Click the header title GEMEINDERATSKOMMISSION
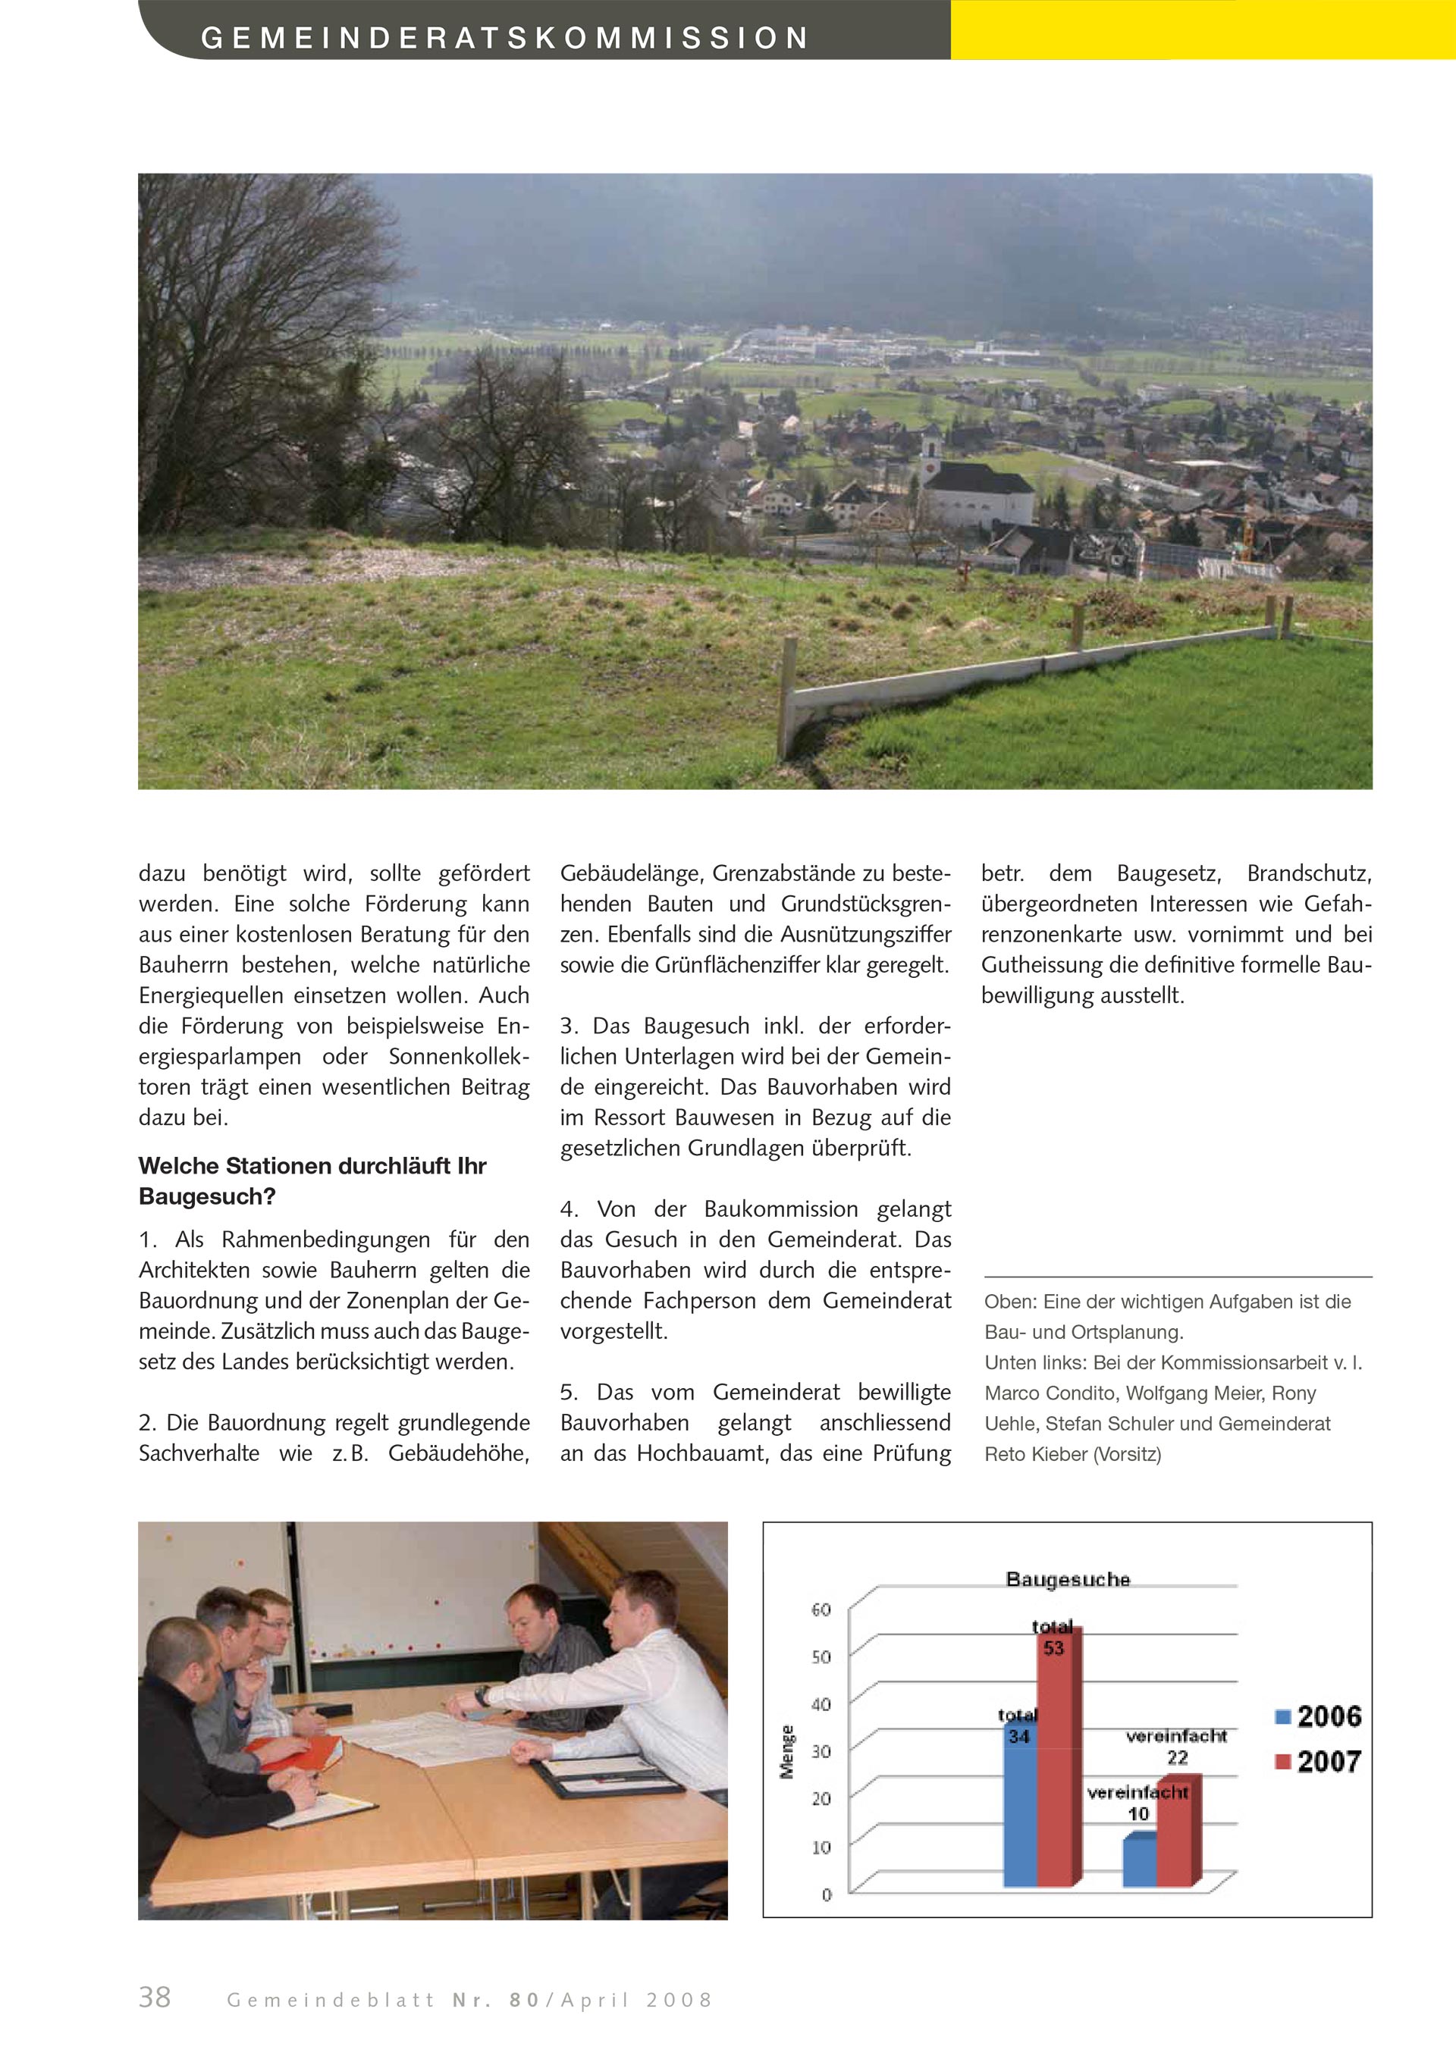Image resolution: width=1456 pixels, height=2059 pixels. coord(505,39)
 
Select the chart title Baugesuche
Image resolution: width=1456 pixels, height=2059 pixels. coord(1068,1579)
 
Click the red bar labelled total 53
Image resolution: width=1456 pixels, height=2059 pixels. coord(1059,1758)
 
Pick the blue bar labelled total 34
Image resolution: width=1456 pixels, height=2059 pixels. coord(1020,1812)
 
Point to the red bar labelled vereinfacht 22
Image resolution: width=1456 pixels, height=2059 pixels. coord(1177,1829)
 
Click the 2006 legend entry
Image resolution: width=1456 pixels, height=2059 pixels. coord(1318,1716)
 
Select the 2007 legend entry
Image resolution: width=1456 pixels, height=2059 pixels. coord(1318,1761)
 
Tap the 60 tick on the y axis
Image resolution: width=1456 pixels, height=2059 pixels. coord(821,1609)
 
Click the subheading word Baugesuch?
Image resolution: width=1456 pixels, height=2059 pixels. coord(207,1196)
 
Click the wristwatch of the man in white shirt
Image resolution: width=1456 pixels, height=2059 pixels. coord(482,1696)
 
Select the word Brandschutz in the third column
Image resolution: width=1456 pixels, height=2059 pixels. coord(1308,873)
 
